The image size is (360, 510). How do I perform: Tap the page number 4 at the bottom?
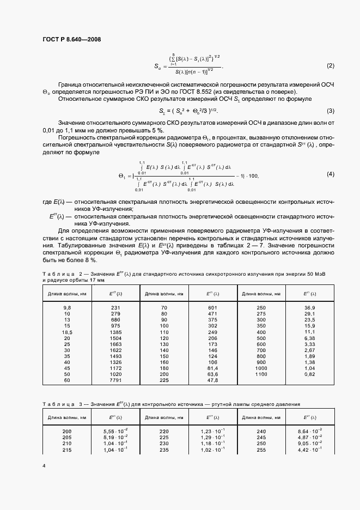coord(44,466)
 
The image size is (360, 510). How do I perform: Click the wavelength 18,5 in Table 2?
coord(67,332)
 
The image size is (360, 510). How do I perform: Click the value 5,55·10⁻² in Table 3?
coord(115,430)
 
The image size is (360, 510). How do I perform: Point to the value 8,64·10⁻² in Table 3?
coord(310,430)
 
